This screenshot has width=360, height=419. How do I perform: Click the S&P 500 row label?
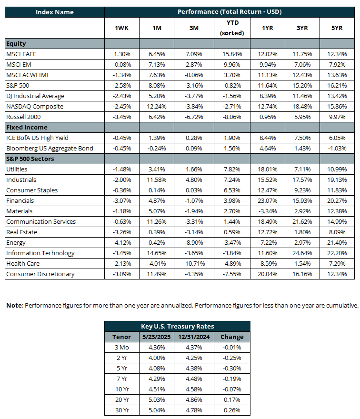18,86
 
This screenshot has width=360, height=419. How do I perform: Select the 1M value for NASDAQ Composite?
157,106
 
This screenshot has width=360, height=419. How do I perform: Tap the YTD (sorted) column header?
232,28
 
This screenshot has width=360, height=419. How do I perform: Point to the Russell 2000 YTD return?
232,117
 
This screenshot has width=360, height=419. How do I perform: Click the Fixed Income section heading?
27,127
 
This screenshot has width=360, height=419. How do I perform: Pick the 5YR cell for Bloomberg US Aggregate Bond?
337,148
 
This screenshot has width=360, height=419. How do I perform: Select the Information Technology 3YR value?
302,253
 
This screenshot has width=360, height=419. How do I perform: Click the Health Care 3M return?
194,263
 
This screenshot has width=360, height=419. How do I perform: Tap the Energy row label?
16,243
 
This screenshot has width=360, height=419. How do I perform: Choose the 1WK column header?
121,28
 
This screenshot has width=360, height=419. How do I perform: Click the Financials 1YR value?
268,200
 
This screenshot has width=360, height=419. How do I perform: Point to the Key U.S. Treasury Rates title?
178,326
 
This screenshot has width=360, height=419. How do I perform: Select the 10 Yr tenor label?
122,389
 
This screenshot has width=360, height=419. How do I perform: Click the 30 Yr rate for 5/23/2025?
157,410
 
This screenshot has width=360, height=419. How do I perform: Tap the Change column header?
232,337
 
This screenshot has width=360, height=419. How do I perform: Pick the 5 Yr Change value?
232,368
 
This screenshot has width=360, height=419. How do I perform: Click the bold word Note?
15,305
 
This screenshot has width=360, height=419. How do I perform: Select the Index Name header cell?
54,12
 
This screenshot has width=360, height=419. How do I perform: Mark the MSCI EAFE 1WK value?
122,54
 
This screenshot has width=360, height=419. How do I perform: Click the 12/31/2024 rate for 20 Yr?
194,400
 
